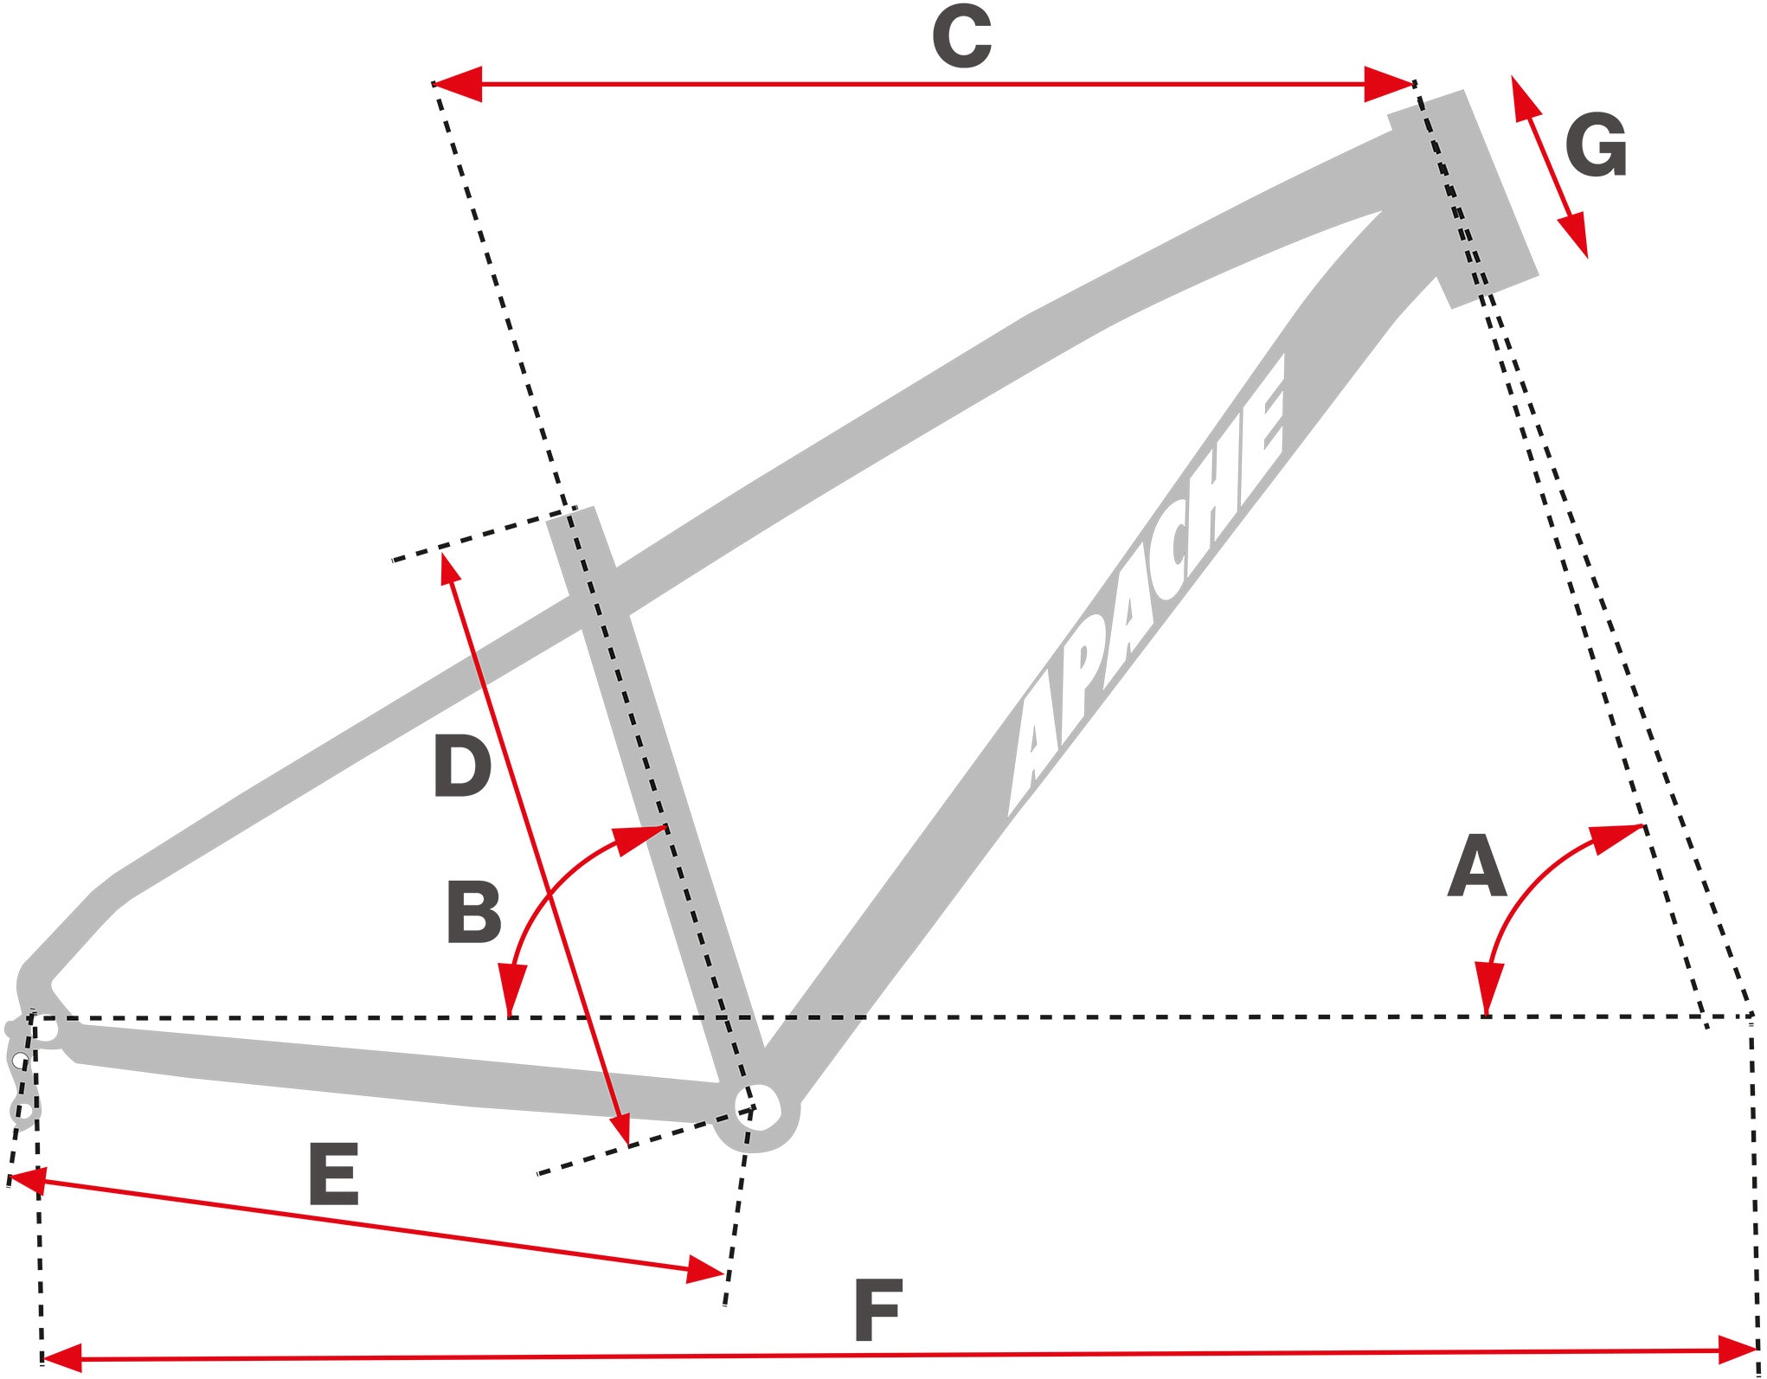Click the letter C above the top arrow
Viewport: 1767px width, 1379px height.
961,36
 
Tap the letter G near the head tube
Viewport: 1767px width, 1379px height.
1597,145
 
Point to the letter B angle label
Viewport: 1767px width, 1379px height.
473,912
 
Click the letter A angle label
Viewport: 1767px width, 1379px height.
1477,865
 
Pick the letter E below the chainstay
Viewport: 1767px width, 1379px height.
334,1174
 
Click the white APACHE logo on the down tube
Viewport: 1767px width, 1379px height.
1147,585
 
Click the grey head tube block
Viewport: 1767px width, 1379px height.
1463,198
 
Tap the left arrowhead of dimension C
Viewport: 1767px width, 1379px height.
456,84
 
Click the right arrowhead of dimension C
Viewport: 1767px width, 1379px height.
1390,84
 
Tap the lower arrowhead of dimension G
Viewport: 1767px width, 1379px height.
1575,234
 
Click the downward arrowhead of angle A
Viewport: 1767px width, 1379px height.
1488,989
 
